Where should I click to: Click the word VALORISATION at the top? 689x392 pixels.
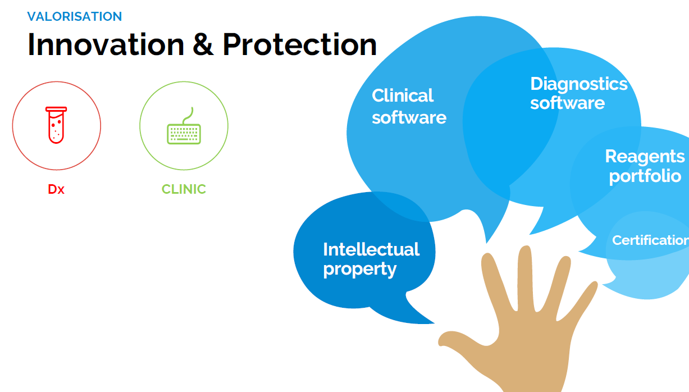click(75, 17)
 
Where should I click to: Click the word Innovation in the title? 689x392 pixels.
click(106, 45)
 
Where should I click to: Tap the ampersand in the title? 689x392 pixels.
click(203, 45)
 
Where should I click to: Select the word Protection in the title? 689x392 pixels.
click(300, 45)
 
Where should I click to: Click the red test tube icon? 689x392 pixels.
click(56, 125)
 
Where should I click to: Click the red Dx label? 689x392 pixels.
click(56, 189)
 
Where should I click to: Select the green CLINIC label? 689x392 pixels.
click(184, 189)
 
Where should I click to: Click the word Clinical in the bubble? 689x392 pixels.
click(402, 95)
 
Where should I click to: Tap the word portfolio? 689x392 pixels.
click(645, 176)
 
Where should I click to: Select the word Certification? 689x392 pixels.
click(650, 240)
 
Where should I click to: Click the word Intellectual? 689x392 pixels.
click(371, 249)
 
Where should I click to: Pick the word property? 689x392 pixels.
click(359, 270)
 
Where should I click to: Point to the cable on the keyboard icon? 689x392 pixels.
click(188, 116)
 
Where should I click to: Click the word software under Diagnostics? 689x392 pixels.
click(568, 103)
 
